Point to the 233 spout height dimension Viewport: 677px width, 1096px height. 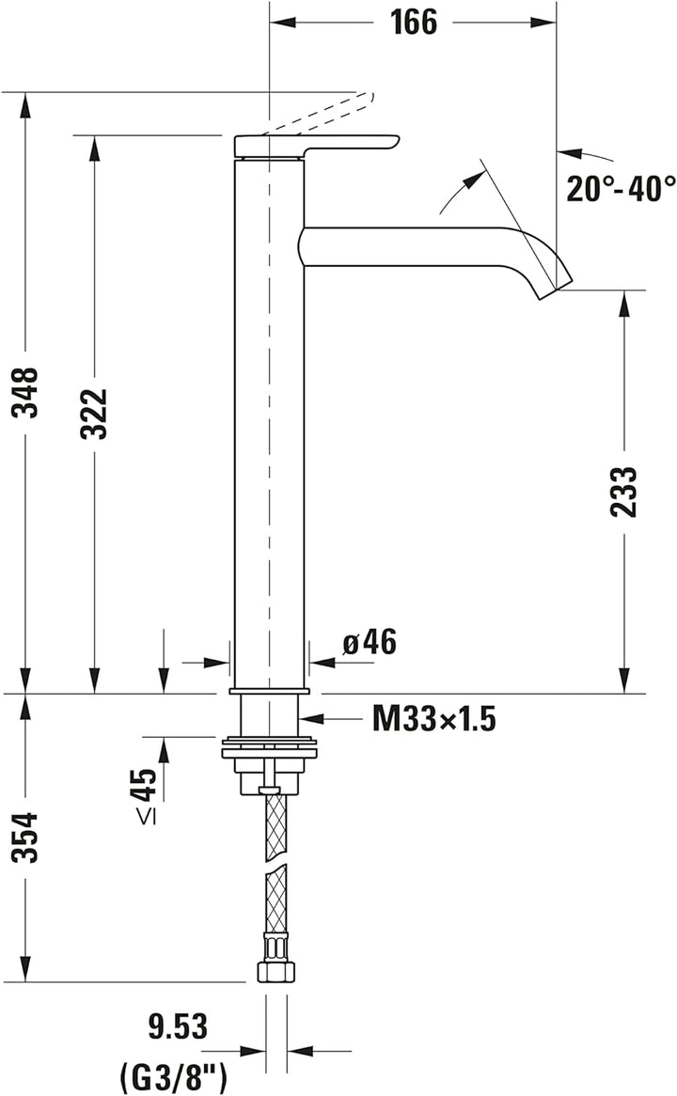pos(623,491)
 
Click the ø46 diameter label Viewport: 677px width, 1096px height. pos(370,643)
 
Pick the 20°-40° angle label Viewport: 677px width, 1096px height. pos(621,188)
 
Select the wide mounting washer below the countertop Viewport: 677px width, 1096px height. pos(269,749)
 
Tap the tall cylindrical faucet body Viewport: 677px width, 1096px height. pos(269,423)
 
